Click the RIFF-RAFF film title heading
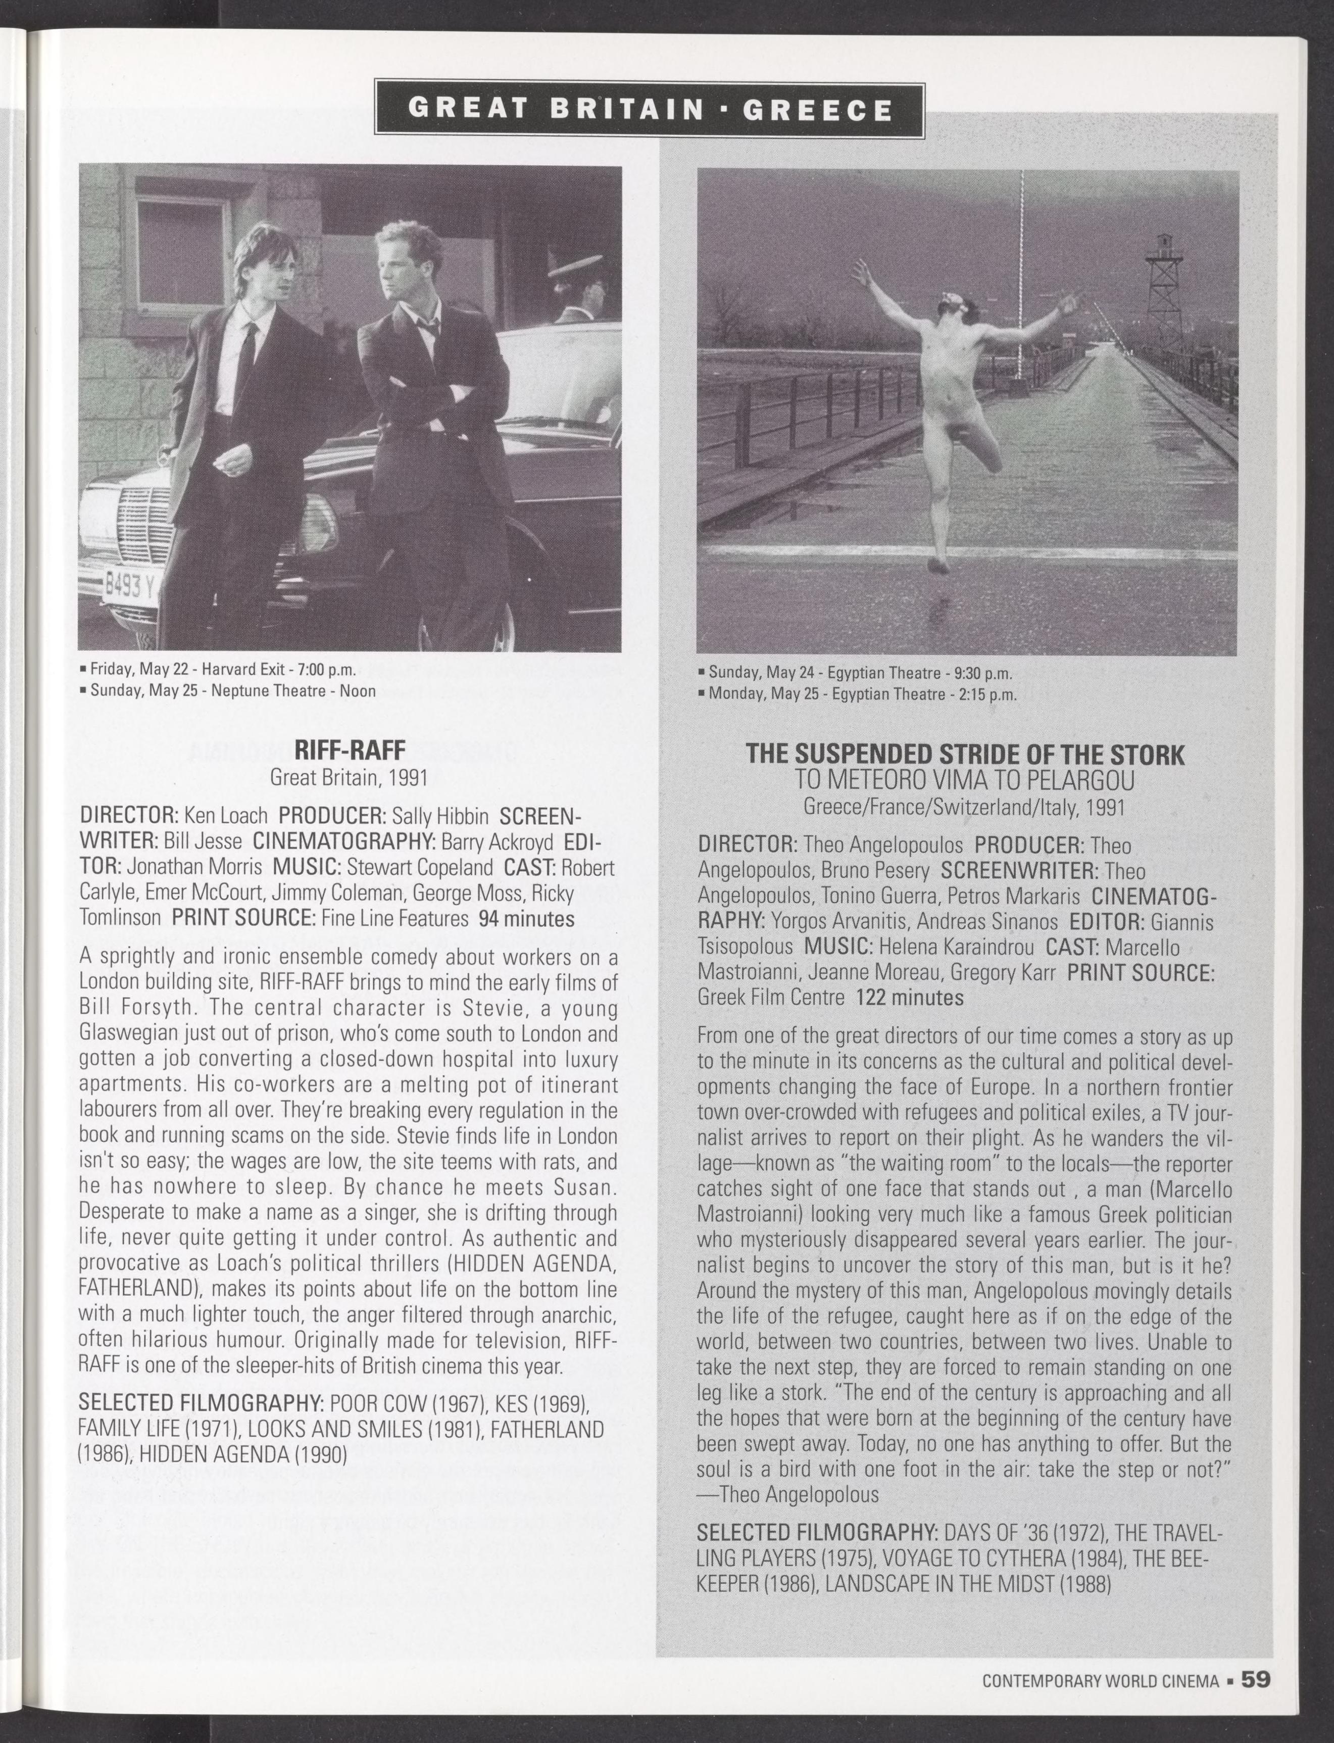tap(350, 750)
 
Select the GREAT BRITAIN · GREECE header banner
tap(650, 109)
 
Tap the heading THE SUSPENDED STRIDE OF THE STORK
tap(965, 755)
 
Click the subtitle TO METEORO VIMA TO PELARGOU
tap(965, 782)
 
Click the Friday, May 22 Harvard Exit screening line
tap(223, 669)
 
